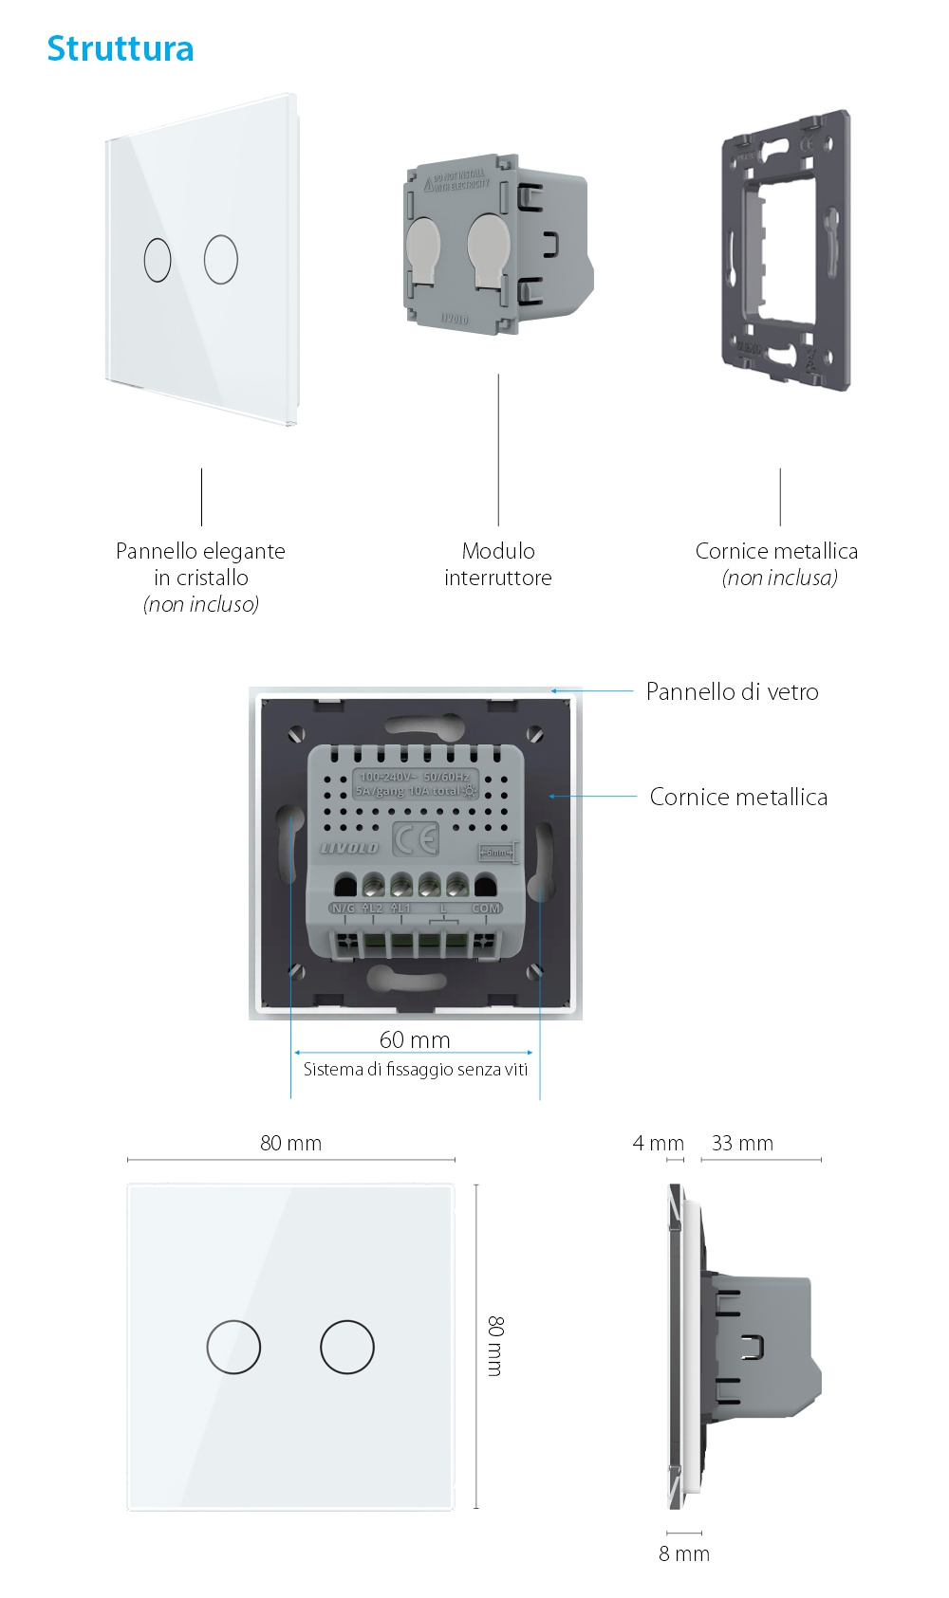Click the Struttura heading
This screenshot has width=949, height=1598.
pos(121,49)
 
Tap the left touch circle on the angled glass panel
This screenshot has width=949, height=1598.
pos(158,259)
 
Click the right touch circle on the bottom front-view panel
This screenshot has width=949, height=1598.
pos(347,1347)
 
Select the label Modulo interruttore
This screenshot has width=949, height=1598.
pos(498,564)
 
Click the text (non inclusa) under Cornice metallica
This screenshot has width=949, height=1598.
pos(779,579)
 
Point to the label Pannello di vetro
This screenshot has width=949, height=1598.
pos(732,691)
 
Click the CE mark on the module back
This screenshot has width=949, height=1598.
pos(416,839)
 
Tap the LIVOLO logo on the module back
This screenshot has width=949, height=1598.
pos(348,847)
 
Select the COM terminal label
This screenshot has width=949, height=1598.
pos(486,909)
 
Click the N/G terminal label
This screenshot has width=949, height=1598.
pos(343,909)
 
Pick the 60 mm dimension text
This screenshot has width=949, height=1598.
pos(415,1039)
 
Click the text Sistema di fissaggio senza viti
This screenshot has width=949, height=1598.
pos(415,1070)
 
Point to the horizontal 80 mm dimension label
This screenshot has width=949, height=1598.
pos(290,1143)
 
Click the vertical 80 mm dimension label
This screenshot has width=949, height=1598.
pos(495,1346)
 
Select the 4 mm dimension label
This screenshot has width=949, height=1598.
pos(658,1143)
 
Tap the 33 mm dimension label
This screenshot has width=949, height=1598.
pos(742,1143)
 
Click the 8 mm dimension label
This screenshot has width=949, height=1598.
pos(684,1553)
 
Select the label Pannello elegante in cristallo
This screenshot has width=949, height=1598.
pos(200,564)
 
